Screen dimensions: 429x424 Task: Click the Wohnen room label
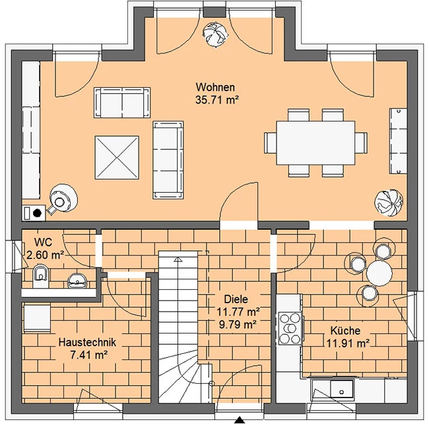[215, 87]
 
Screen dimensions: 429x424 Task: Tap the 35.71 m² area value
[217, 100]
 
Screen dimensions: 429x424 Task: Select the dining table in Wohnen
[315, 143]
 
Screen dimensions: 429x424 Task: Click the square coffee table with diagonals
[117, 157]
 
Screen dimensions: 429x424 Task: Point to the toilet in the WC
[41, 276]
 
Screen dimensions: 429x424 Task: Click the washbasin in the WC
[77, 281]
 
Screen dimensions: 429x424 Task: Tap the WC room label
[43, 242]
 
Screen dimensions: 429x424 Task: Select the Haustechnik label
[87, 342]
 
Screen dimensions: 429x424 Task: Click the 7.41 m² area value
[89, 355]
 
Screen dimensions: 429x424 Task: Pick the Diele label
[236, 299]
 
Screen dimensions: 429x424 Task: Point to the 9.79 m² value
[238, 325]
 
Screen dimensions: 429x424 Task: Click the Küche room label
[345, 331]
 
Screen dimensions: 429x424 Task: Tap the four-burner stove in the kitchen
[290, 328]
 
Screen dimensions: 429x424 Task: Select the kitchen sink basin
[341, 389]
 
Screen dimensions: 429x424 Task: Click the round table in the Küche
[379, 273]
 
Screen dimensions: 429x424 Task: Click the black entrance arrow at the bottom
[240, 420]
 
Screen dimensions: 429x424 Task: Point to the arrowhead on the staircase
[178, 259]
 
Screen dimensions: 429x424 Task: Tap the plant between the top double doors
[215, 34]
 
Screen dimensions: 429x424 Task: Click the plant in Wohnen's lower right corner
[389, 203]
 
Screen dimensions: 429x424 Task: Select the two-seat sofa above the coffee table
[122, 102]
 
